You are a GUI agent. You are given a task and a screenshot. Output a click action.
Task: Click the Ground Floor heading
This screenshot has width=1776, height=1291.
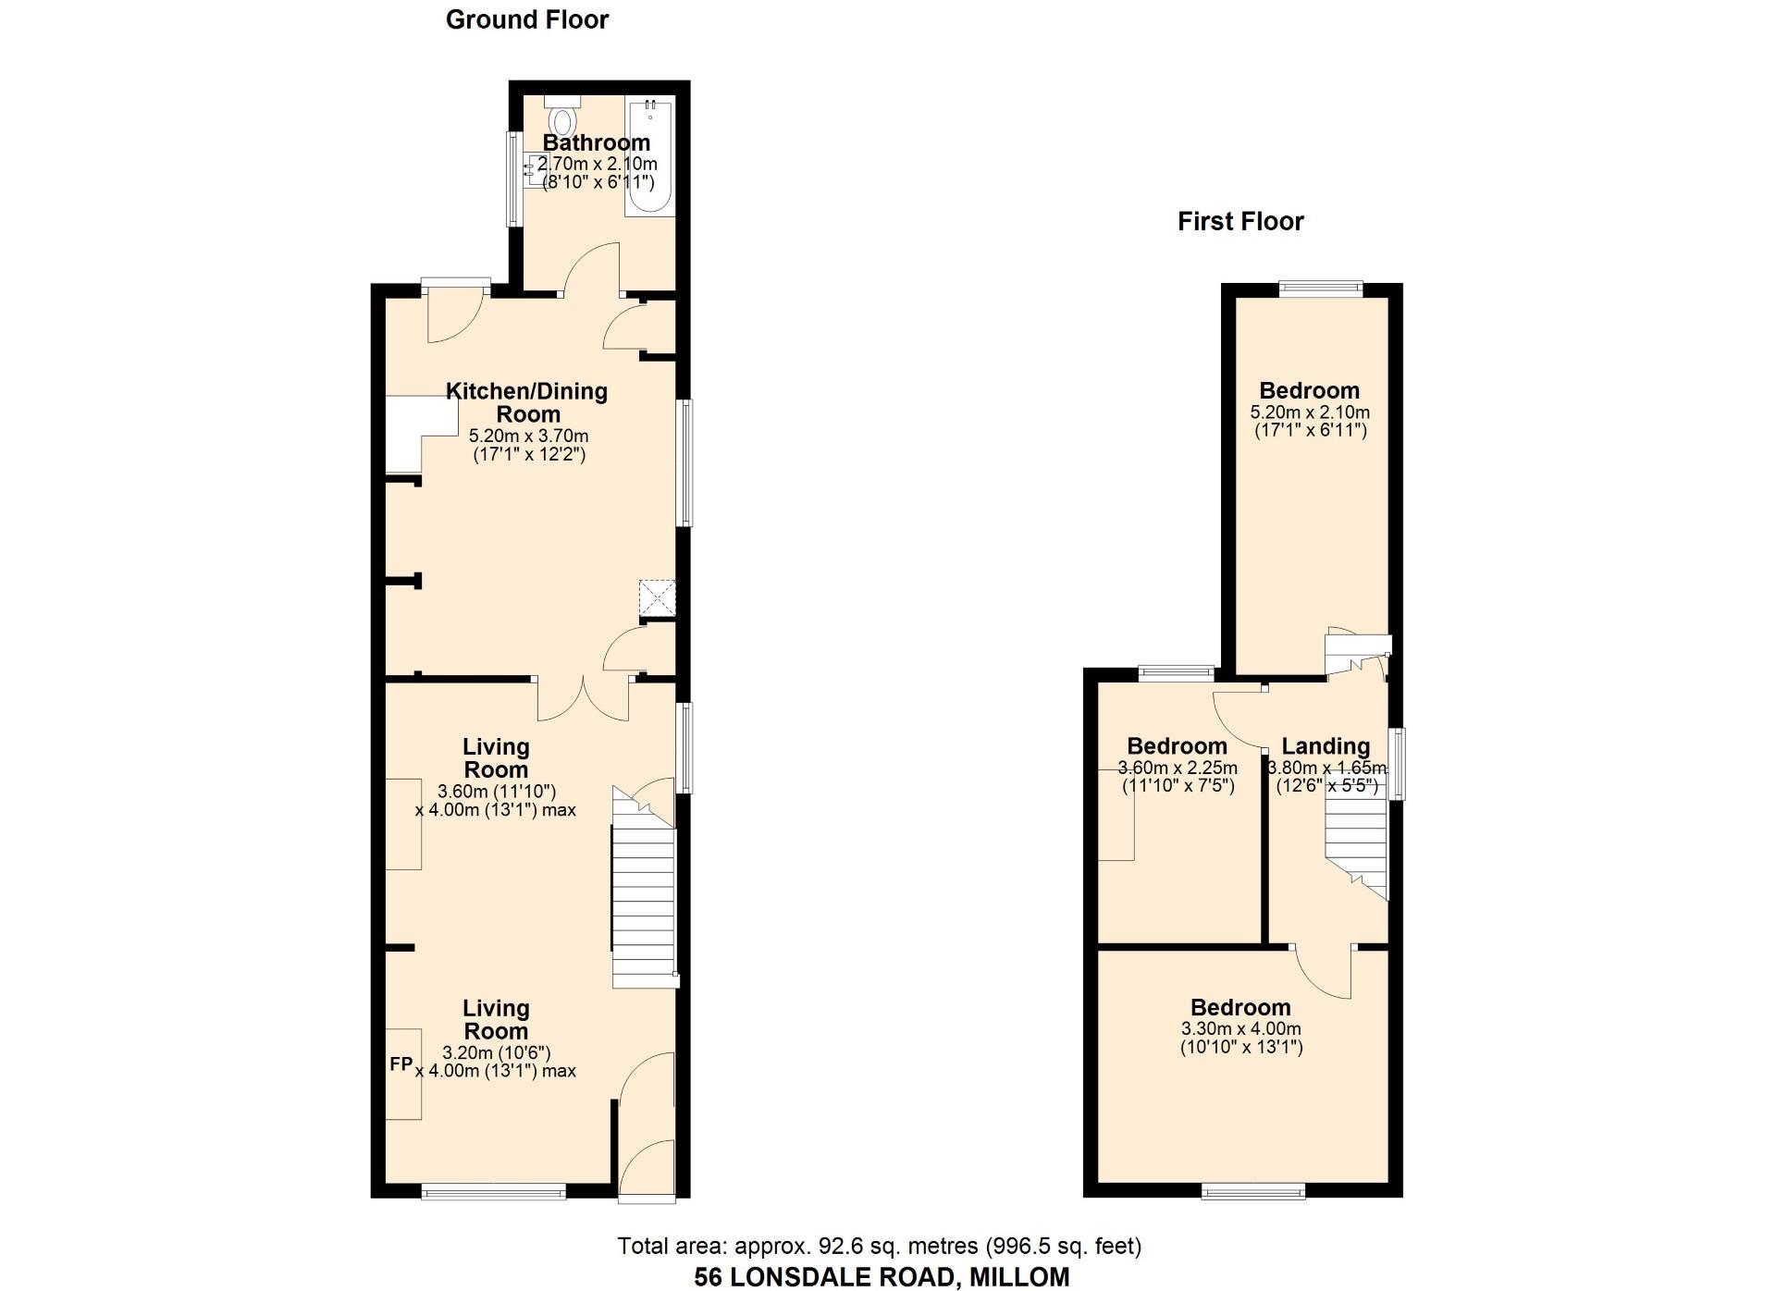pos(527,19)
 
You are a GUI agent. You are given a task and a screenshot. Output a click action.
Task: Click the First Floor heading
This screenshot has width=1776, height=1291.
pos(1240,221)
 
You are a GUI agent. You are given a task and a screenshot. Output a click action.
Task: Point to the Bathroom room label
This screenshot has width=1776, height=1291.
pos(597,142)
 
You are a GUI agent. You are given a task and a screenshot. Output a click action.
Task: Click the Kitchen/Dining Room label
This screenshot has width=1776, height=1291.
pos(527,402)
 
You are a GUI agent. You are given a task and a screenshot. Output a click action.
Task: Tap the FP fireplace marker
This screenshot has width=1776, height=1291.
pos(401,1064)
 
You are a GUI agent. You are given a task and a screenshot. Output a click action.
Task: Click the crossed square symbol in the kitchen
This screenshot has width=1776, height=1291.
pos(658,597)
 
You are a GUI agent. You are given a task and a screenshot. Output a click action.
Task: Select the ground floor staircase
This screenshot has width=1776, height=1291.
pos(645,887)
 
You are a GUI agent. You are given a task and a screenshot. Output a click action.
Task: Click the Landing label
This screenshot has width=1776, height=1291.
pos(1326,746)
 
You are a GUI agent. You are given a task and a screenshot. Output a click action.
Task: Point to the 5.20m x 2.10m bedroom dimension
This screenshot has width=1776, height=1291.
pos(1310,412)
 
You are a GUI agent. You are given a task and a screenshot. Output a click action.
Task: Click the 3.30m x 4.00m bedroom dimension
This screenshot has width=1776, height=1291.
pos(1241,1029)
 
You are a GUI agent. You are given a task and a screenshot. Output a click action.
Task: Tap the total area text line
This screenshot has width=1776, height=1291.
pos(880,1247)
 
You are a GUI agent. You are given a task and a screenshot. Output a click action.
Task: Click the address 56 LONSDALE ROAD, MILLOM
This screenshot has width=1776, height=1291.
pos(882,1277)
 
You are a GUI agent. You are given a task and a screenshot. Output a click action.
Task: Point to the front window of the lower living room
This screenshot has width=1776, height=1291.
pos(493,1192)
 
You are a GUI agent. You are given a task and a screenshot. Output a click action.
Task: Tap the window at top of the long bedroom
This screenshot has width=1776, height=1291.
pos(1321,289)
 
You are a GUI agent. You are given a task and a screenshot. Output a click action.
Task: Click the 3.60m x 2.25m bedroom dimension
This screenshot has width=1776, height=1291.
pos(1178,768)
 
